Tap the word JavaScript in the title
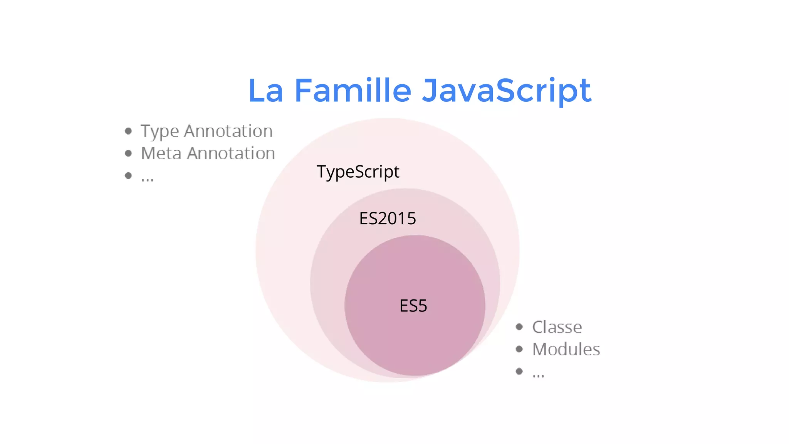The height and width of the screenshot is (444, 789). pyautogui.click(x=506, y=91)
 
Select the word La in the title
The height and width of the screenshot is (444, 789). pyautogui.click(x=265, y=91)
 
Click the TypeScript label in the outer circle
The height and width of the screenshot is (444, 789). pyautogui.click(x=358, y=172)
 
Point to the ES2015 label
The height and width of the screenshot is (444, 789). pyautogui.click(x=388, y=219)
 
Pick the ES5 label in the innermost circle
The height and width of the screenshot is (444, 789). pyautogui.click(x=413, y=306)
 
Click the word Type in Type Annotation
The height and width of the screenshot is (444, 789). pyautogui.click(x=159, y=132)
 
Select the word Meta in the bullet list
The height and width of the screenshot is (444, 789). pyautogui.click(x=161, y=153)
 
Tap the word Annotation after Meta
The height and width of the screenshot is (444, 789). pyautogui.click(x=231, y=153)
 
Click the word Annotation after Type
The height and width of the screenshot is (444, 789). pyautogui.click(x=228, y=131)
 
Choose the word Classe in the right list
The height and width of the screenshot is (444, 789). pyautogui.click(x=557, y=327)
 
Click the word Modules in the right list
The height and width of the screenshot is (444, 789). pyautogui.click(x=566, y=350)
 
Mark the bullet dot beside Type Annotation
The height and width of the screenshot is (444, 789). pyautogui.click(x=129, y=131)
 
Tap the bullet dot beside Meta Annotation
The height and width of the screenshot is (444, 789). pyautogui.click(x=129, y=153)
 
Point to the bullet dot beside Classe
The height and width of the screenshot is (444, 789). pyautogui.click(x=519, y=327)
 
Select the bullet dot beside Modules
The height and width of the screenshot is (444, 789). pyautogui.click(x=519, y=349)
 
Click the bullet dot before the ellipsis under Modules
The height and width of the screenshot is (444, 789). pyautogui.click(x=519, y=372)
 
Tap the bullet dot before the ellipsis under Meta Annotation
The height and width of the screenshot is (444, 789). pyautogui.click(x=129, y=176)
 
